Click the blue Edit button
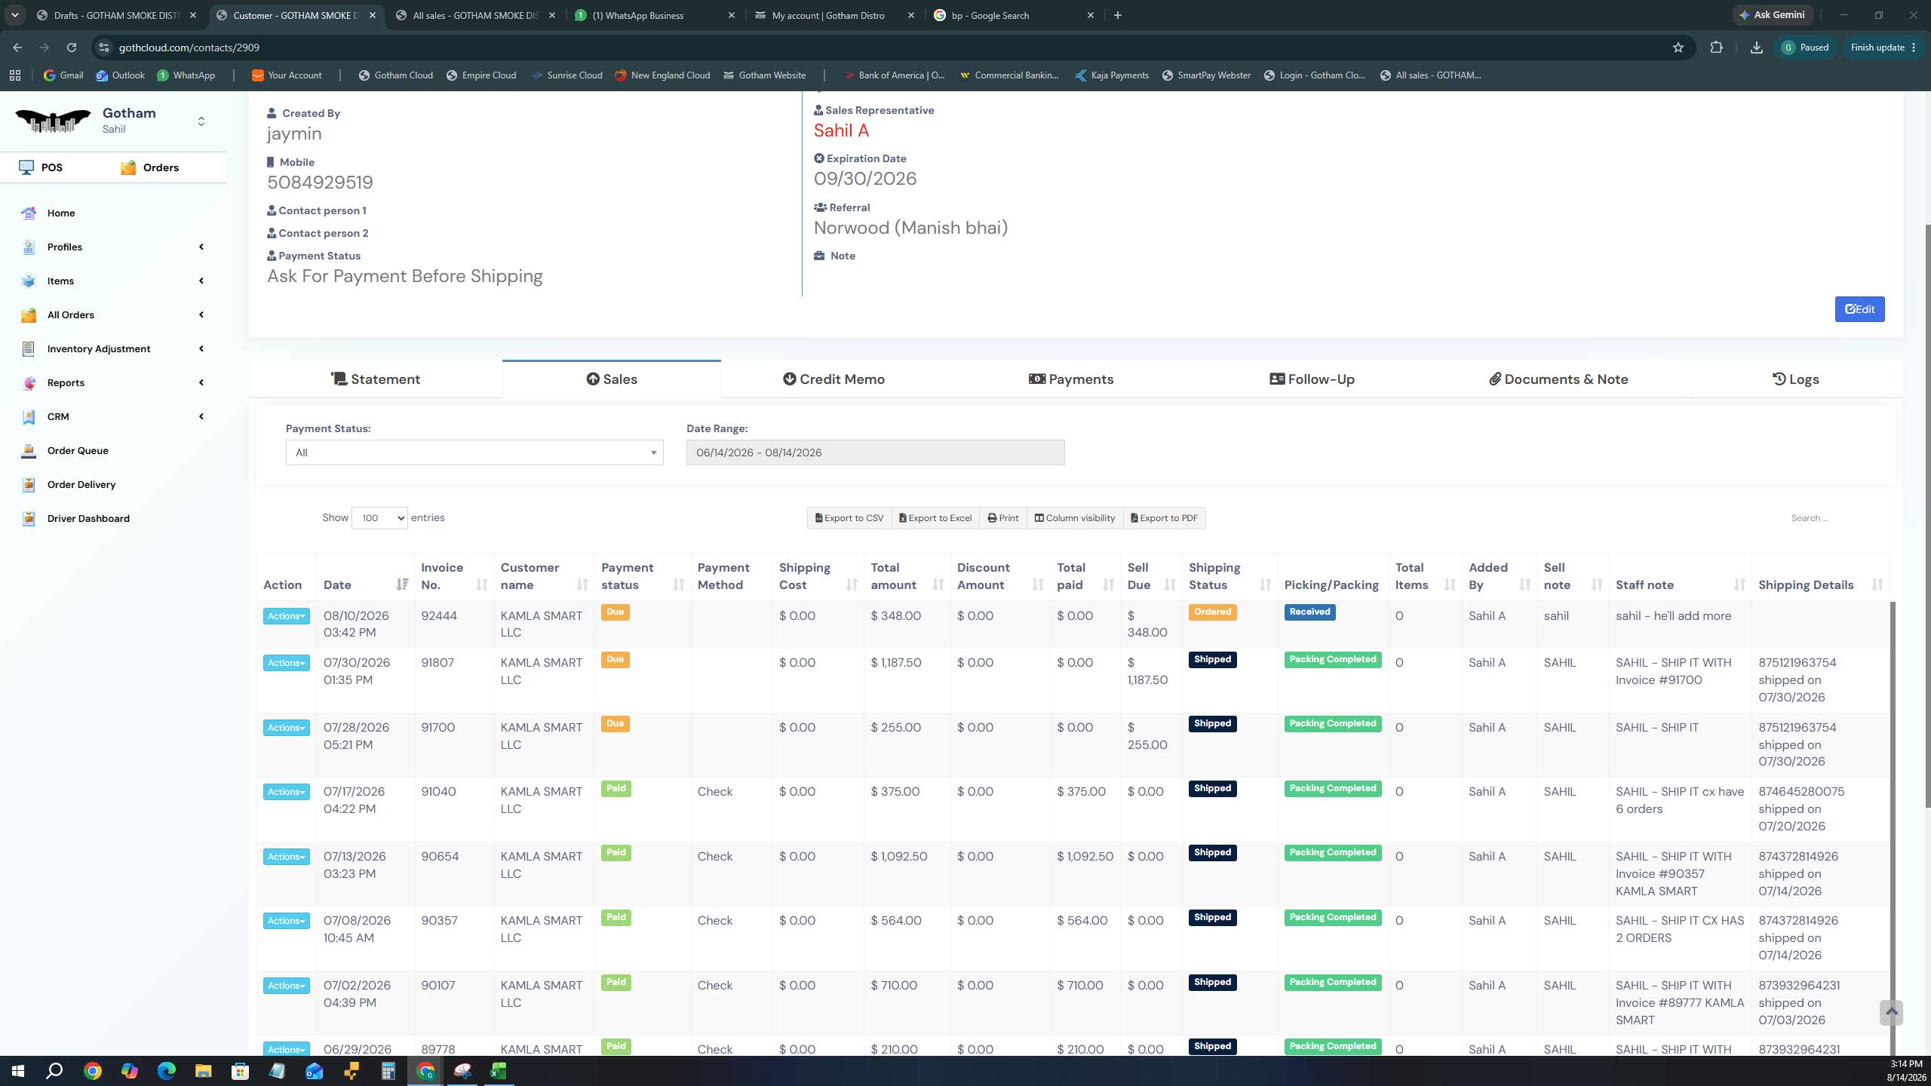tap(1859, 309)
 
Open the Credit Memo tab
tap(833, 379)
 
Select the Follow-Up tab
tap(1312, 379)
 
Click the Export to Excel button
tap(935, 518)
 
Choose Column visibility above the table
tap(1074, 518)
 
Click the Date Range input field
tap(875, 452)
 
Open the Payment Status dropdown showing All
tap(474, 452)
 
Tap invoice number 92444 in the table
tap(439, 616)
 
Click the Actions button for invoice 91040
tap(286, 792)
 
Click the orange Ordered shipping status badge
tap(1212, 612)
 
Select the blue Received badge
tap(1309, 612)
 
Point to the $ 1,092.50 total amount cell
tap(899, 857)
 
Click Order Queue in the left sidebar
tap(78, 451)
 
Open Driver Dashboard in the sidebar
tap(88, 519)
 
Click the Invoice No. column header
tap(442, 576)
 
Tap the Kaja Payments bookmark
tap(1111, 75)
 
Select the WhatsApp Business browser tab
tap(638, 15)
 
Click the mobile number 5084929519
tap(320, 183)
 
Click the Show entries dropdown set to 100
tap(379, 518)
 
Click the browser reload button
tap(72, 48)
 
